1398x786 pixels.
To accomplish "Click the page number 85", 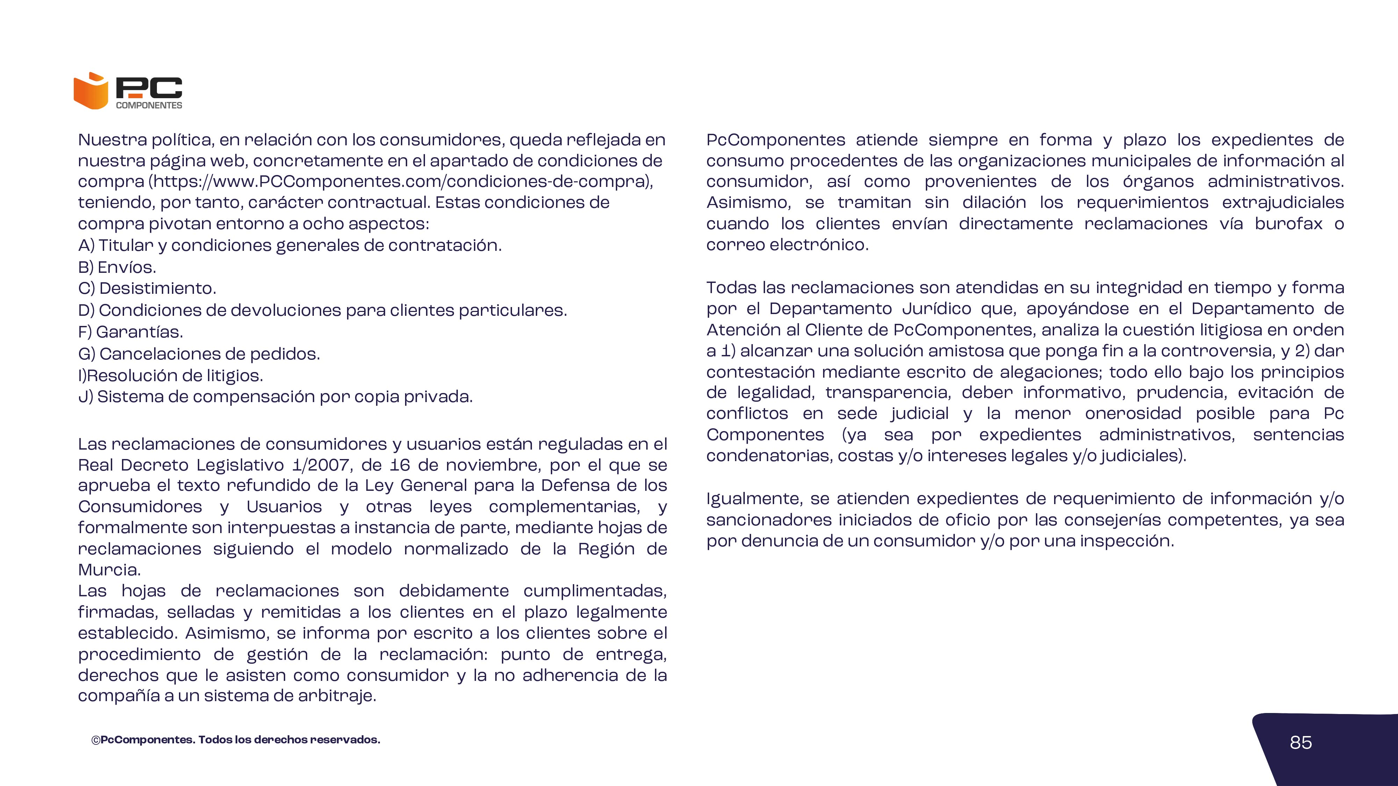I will pos(1300,743).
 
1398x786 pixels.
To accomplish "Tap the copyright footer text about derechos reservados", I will pos(236,740).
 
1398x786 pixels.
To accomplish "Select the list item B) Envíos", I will pos(117,268).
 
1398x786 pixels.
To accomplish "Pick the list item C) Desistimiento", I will pos(147,289).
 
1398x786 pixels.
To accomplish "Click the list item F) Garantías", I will pos(130,332).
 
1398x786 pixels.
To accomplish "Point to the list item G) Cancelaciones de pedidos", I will pos(199,354).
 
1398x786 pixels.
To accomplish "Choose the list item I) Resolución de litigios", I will pos(171,376).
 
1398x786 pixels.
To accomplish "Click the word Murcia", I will pos(109,570).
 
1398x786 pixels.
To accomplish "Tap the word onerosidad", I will pos(1133,414).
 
